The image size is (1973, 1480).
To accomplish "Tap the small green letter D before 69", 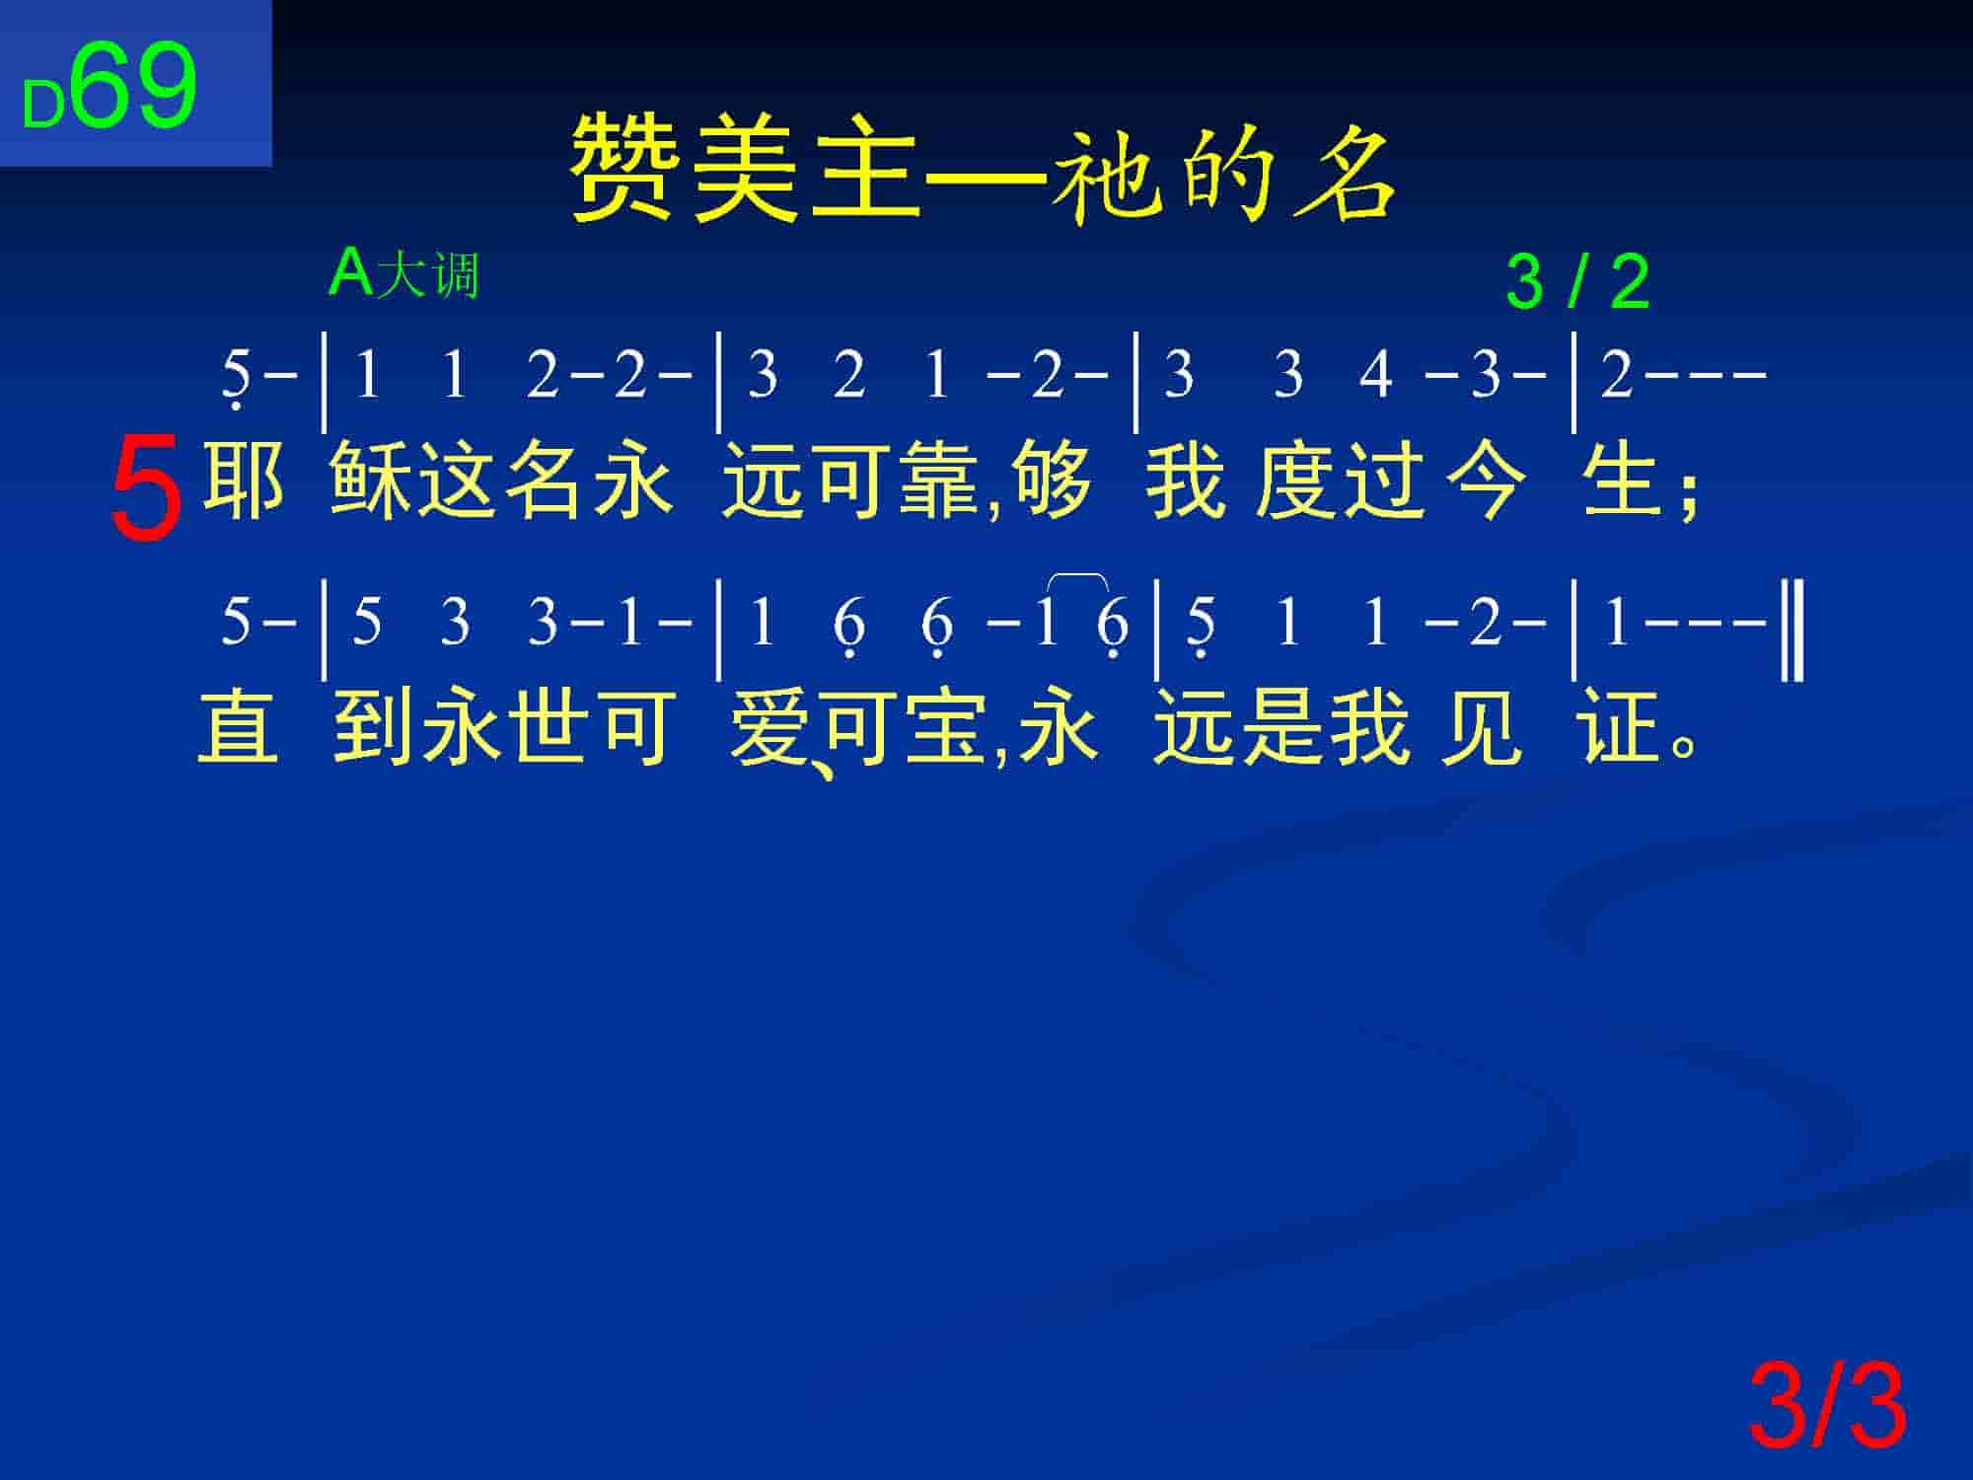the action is pyautogui.click(x=43, y=106).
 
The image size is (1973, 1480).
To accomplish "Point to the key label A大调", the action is pyautogui.click(x=404, y=273).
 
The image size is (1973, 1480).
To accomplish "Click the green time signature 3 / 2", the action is pyautogui.click(x=1577, y=281).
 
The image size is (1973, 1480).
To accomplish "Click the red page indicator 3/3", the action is pyautogui.click(x=1828, y=1406).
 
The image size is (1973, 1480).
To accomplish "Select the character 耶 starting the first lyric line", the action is pyautogui.click(x=243, y=481).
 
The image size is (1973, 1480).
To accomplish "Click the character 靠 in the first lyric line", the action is pyautogui.click(x=946, y=481).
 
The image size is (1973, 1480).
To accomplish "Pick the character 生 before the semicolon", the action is pyautogui.click(x=1621, y=481).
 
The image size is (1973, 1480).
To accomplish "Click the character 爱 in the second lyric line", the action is pyautogui.click(x=770, y=727).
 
